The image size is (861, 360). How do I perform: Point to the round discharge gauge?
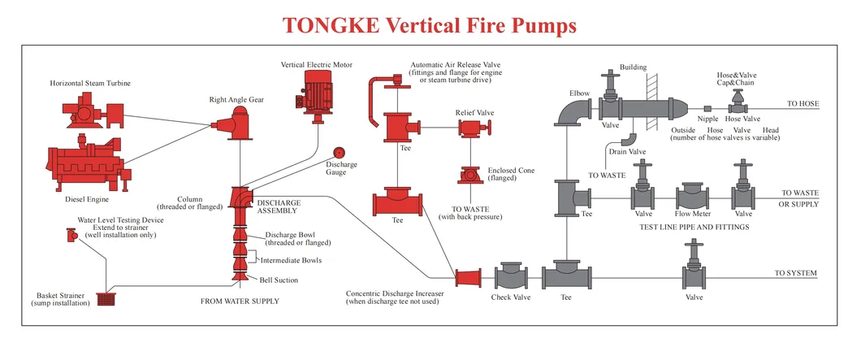tap(339, 153)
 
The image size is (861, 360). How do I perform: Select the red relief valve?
tap(469, 128)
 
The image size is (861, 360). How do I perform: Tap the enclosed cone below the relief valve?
tap(469, 176)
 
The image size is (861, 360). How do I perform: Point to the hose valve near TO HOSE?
tap(738, 102)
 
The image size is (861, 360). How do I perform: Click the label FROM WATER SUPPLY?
tap(240, 301)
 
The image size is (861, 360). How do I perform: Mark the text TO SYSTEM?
tap(795, 273)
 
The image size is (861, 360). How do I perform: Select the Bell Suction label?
tap(279, 280)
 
